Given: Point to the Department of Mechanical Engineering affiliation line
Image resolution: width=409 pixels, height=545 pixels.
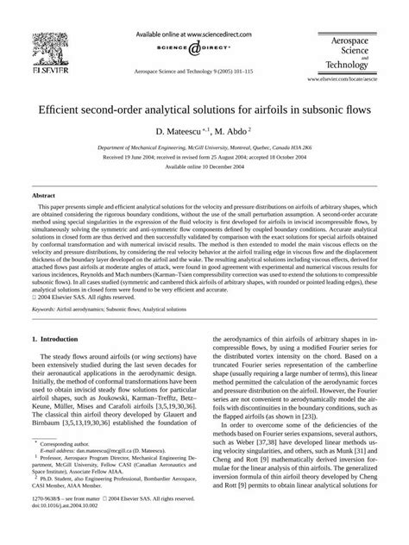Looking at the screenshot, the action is pos(204,148).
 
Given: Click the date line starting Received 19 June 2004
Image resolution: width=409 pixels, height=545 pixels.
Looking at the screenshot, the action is pos(204,160).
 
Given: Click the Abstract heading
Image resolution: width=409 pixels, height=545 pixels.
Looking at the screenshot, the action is pos(44,197).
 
